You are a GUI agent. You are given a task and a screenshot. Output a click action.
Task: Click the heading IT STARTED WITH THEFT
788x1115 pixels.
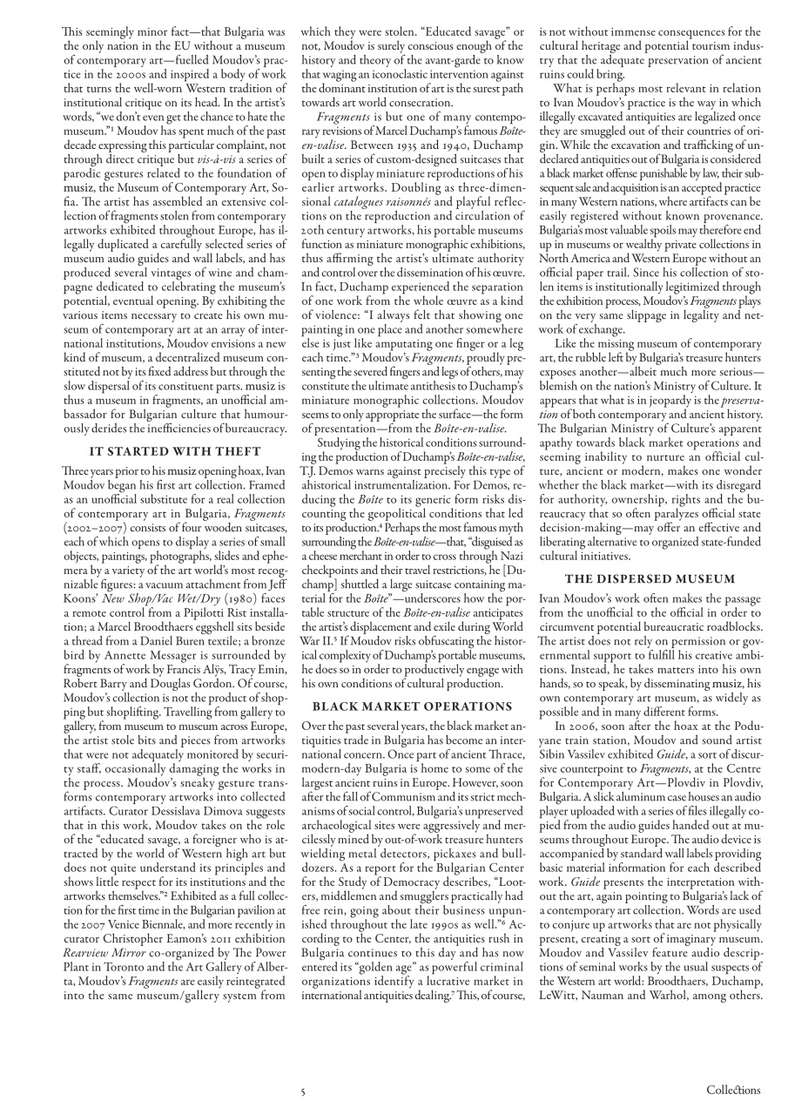[175, 451]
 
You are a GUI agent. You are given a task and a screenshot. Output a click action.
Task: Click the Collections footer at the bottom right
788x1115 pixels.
[733, 1090]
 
